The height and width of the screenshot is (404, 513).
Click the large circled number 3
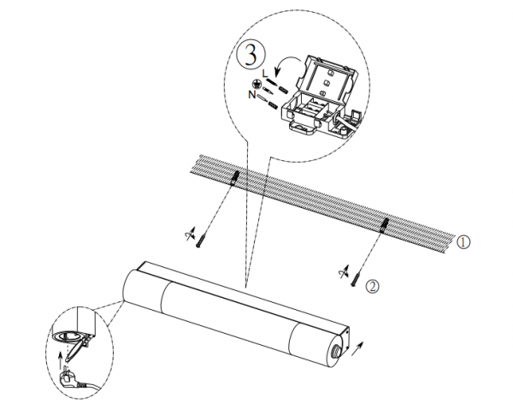(x=251, y=55)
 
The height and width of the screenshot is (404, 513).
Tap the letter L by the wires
(x=265, y=73)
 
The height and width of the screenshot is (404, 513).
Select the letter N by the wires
(x=252, y=95)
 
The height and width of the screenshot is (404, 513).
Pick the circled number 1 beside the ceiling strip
(x=463, y=242)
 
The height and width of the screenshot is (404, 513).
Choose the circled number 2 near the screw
(x=372, y=287)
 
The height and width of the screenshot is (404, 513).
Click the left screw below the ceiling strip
(x=200, y=241)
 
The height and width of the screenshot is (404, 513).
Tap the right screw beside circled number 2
(x=356, y=280)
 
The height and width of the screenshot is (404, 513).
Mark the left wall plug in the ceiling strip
(x=235, y=178)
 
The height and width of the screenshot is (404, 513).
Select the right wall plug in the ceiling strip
(x=385, y=225)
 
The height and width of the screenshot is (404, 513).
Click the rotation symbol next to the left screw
(x=190, y=234)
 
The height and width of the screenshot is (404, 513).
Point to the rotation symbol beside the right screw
(x=343, y=272)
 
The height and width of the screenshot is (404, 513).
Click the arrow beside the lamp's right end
(x=357, y=348)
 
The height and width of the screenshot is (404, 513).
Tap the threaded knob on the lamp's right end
(x=334, y=353)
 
